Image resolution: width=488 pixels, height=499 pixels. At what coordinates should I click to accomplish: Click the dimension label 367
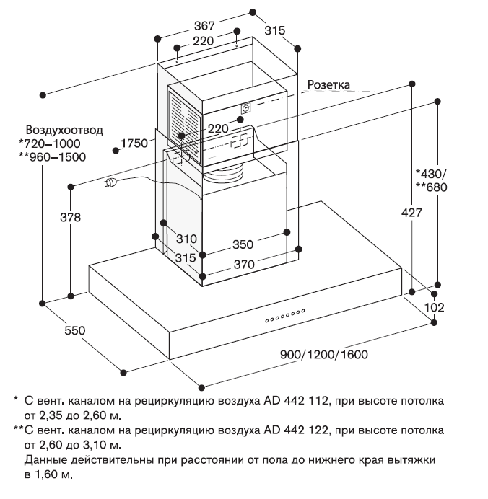[x=204, y=25]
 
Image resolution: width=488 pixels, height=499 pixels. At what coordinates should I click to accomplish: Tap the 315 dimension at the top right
[x=274, y=30]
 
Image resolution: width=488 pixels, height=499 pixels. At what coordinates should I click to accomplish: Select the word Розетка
[x=329, y=84]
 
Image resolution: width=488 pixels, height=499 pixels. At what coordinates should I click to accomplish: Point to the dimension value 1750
[x=135, y=142]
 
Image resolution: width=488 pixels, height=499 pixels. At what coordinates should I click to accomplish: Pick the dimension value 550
[x=74, y=331]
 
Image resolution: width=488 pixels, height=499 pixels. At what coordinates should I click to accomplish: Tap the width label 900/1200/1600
[x=324, y=355]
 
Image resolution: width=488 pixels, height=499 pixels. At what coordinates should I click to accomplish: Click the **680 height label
[x=432, y=187]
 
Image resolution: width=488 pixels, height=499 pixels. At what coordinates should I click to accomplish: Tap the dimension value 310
[x=186, y=239]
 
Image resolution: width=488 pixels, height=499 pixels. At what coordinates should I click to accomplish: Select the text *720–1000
[x=50, y=143]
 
